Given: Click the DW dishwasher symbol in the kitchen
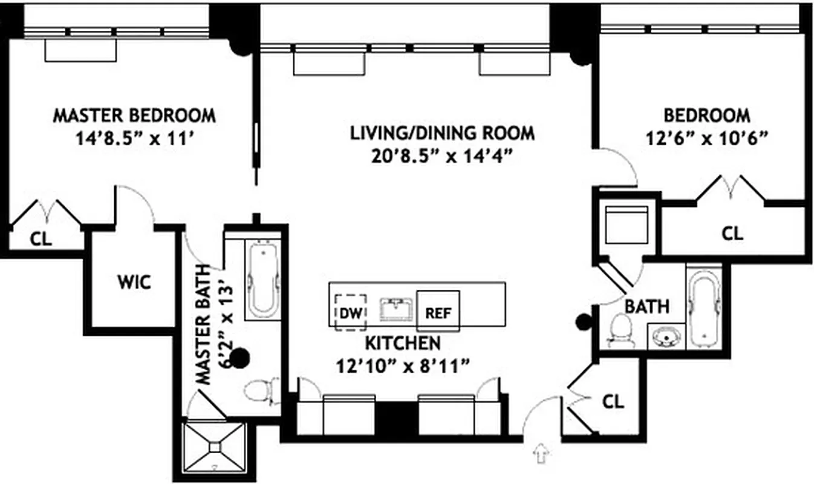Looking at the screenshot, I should coord(350,312).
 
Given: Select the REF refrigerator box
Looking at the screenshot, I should coord(438,312).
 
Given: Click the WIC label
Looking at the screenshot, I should coord(134,281).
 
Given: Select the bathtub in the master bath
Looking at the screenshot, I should coord(262,279).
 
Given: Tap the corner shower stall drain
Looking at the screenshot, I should coord(215,447).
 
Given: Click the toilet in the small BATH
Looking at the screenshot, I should coord(619,332).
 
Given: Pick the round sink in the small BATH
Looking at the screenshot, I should coord(666,336).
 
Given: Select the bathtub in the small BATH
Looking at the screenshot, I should coord(703,308).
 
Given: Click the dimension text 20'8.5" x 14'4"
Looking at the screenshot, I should coord(442,156).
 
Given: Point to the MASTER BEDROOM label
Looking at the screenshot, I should coord(134,115).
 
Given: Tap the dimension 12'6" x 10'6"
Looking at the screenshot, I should coord(706,138).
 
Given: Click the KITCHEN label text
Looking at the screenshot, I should coord(402,343).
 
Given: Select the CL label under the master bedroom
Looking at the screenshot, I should coord(41,238).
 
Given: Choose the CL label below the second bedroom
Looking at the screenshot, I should coord(732,233).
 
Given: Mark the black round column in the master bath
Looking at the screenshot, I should coord(241,359).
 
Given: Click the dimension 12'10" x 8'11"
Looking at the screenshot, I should coord(403,365).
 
